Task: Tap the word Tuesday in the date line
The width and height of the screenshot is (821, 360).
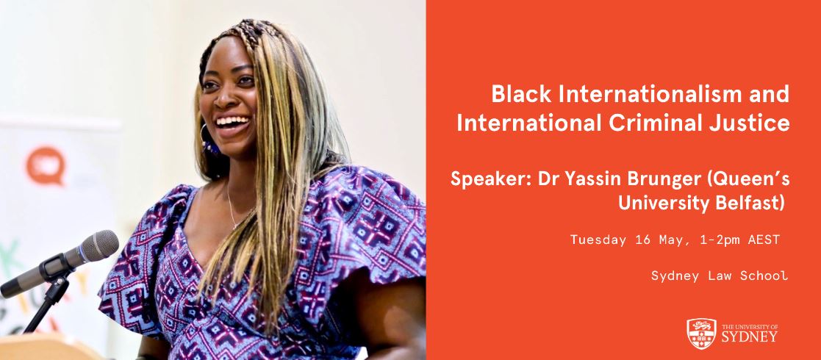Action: (x=597, y=240)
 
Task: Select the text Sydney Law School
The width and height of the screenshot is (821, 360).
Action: (x=719, y=276)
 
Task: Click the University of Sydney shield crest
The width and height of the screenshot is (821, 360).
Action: (x=700, y=334)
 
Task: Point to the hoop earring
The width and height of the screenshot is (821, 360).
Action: (x=207, y=139)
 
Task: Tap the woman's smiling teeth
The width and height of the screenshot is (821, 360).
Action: (x=232, y=121)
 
